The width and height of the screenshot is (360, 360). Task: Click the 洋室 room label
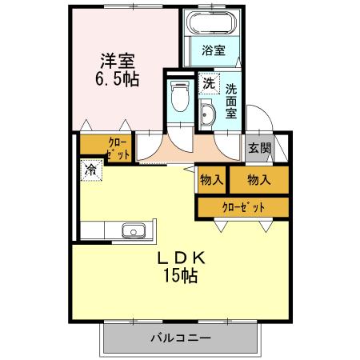(x=117, y=60)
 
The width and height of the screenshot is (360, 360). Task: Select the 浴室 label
(x=213, y=50)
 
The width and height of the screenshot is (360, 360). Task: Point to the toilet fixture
(x=179, y=100)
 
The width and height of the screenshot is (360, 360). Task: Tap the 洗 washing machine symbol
(x=208, y=82)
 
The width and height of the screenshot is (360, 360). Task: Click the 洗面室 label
(x=230, y=101)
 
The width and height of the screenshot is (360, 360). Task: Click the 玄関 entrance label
(x=258, y=147)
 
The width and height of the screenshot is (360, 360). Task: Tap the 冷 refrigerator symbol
(x=90, y=169)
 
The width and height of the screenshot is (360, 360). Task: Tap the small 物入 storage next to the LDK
(x=212, y=180)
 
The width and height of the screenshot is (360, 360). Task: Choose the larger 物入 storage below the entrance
(x=258, y=180)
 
